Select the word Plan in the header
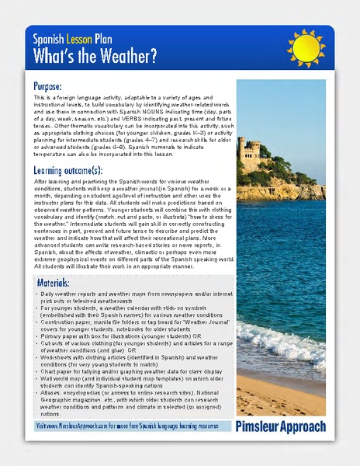pos(103,37)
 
